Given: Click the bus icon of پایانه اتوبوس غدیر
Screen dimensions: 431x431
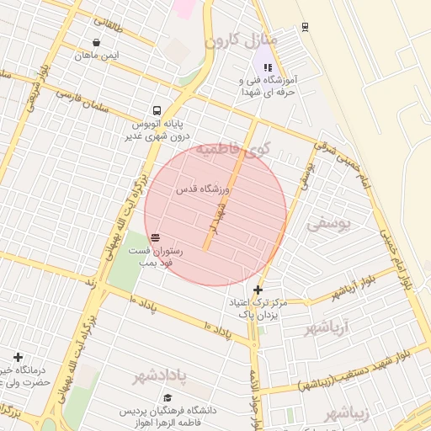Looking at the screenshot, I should coord(157,110).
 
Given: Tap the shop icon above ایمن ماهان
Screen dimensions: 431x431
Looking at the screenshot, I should coord(98,42).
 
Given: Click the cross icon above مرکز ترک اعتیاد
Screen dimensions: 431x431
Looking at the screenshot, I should coord(258,290).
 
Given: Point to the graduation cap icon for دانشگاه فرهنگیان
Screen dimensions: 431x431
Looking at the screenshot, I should coord(168,397).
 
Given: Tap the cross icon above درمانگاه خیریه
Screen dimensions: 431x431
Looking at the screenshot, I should coord(18,358).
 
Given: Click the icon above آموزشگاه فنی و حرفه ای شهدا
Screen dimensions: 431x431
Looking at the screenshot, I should coord(268,67).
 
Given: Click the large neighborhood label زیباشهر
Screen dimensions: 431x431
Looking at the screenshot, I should coord(347,413).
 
